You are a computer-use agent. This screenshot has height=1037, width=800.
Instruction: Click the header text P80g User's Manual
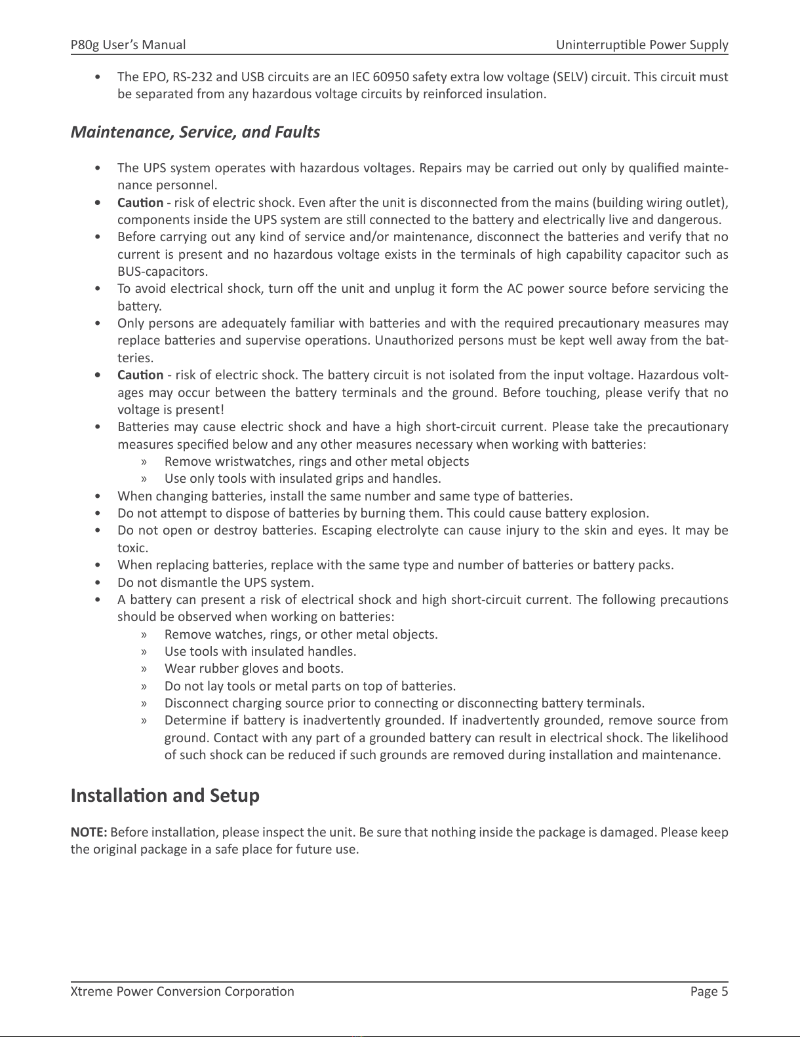click(x=128, y=45)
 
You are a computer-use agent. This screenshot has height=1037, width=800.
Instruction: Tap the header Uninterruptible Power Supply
click(x=642, y=45)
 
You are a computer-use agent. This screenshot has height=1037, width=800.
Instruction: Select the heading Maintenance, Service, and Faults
click(x=195, y=132)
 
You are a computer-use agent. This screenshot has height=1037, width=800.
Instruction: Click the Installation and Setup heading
click(x=165, y=796)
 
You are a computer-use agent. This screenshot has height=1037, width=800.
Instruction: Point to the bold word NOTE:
click(x=89, y=833)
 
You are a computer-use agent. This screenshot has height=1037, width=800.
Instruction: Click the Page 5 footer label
click(x=709, y=991)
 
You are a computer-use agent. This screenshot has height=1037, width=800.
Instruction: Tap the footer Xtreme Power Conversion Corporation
click(x=182, y=991)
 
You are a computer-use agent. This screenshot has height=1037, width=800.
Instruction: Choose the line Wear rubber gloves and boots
click(x=254, y=669)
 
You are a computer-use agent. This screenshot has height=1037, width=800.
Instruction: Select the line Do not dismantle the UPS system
click(x=216, y=582)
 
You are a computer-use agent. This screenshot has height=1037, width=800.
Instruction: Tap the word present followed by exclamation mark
click(x=202, y=410)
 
